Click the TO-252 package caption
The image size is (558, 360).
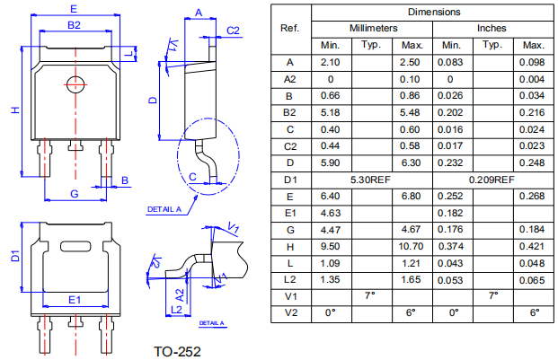pos(177,350)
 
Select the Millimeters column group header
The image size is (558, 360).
pos(372,29)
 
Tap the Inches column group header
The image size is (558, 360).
pos(492,29)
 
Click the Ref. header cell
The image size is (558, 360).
pos(289,28)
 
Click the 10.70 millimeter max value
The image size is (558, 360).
pos(412,245)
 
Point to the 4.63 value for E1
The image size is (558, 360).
pos(331,212)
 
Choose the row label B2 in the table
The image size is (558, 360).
pos(289,112)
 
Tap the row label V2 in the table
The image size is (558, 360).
pos(289,312)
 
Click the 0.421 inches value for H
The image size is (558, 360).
pos(534,245)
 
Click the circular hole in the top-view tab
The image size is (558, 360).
pos(75,84)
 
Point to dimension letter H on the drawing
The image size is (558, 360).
pos(14,110)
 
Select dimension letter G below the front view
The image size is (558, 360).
pos(74,194)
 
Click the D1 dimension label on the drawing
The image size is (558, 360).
pos(13,257)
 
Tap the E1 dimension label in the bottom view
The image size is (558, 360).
pos(75,299)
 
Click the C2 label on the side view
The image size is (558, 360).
pos(234,31)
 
